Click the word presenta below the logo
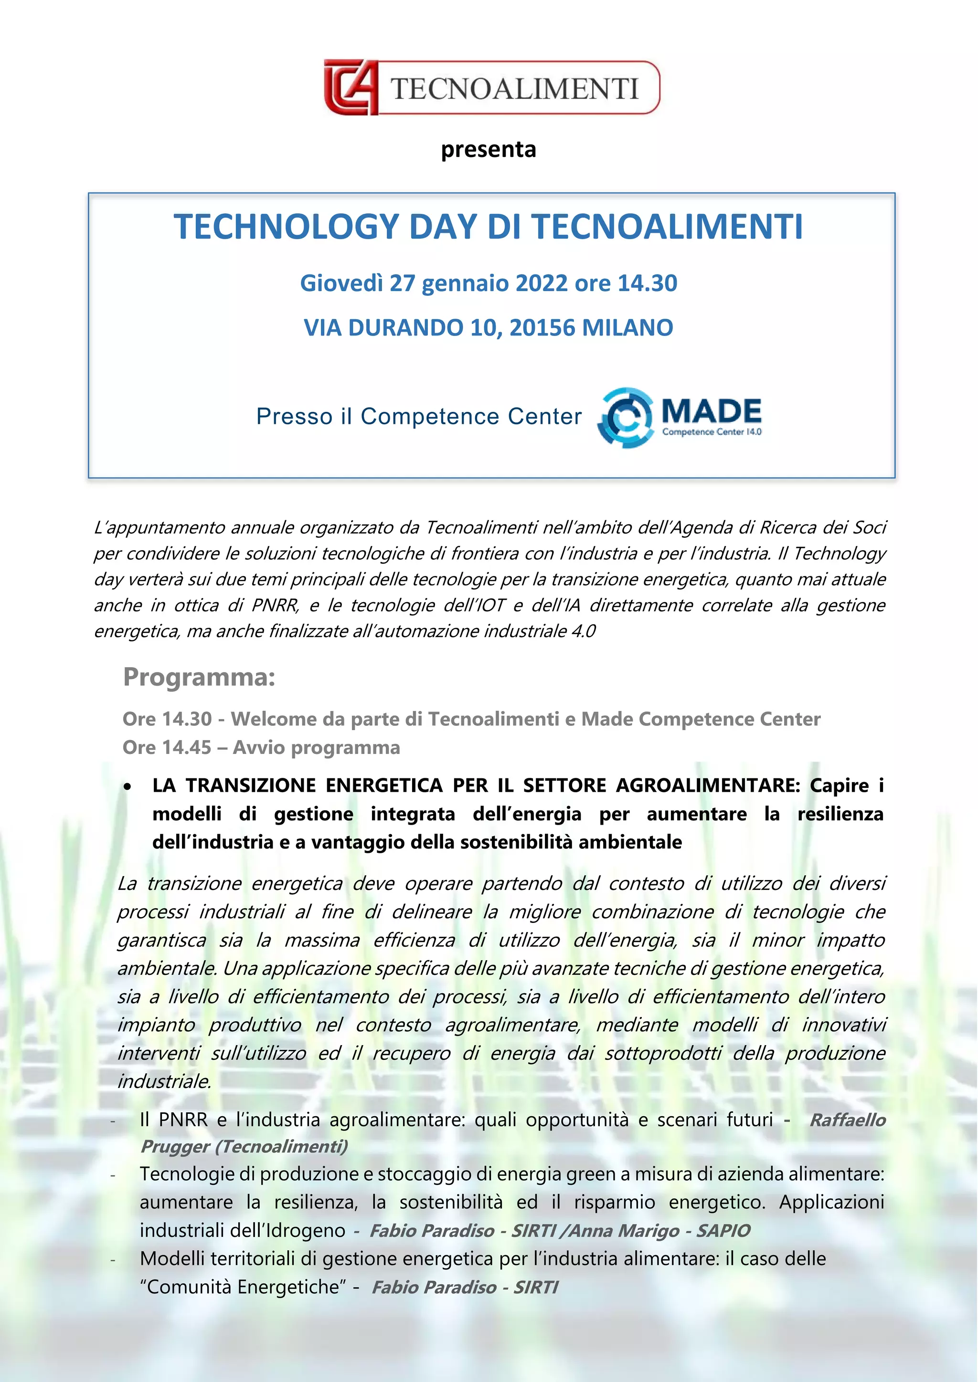click(489, 149)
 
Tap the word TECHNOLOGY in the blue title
click(286, 227)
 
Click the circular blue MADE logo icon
click(625, 417)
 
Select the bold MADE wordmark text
click(711, 412)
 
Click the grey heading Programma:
click(199, 677)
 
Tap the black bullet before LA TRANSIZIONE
click(127, 786)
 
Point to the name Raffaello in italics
click(847, 1120)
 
